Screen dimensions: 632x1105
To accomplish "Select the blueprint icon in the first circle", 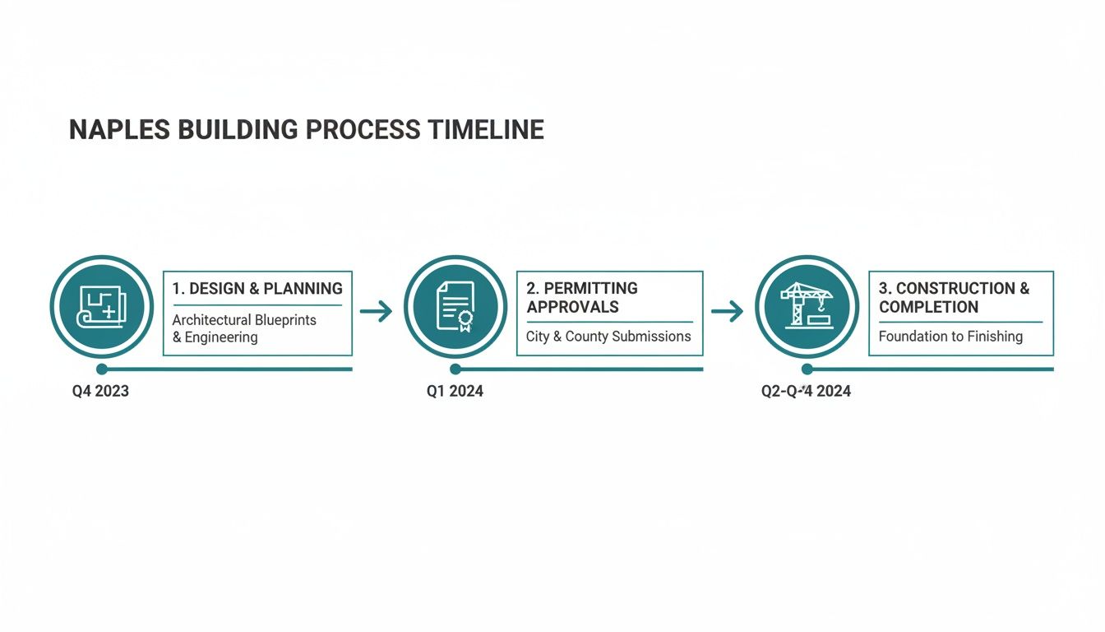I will (101, 307).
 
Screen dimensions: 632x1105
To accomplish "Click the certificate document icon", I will (455, 307).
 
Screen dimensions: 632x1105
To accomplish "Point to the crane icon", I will (807, 306).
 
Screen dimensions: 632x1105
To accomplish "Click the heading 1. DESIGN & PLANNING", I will (257, 289).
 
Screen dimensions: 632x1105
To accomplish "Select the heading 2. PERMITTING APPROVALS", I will (582, 297).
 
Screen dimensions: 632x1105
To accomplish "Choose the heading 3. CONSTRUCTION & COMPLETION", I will (954, 297).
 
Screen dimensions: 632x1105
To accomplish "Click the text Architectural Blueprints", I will (244, 320).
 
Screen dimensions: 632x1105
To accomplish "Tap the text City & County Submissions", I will (608, 337).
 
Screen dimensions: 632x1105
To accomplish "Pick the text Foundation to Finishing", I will (950, 337).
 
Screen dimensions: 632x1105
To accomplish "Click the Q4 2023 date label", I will (100, 392).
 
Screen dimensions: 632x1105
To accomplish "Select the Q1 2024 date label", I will (455, 392).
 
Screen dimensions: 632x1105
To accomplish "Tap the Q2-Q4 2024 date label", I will (806, 392).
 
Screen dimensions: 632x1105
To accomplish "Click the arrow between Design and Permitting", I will (376, 311).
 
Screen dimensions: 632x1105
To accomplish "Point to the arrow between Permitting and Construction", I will (727, 311).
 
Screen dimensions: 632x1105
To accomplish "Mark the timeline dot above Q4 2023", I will (102, 369).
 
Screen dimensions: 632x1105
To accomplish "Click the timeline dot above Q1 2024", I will (455, 369).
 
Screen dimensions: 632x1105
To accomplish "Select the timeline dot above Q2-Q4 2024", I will (807, 369).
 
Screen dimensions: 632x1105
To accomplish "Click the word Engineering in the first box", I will (221, 337).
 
